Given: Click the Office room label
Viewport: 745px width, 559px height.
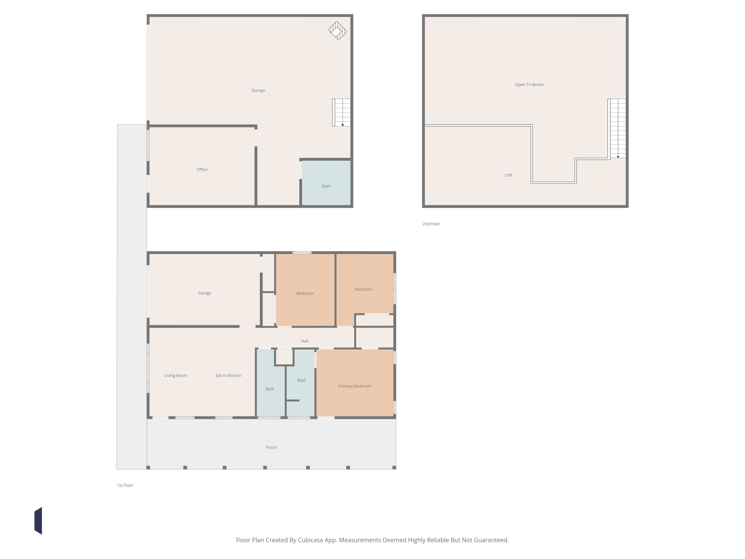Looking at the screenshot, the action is (202, 170).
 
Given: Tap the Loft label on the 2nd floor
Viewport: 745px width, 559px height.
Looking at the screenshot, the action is (508, 175).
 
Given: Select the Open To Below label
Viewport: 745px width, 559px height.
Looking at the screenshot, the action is (529, 85).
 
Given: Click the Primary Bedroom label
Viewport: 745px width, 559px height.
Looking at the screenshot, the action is (355, 386).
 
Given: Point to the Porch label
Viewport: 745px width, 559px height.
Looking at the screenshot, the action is (271, 447).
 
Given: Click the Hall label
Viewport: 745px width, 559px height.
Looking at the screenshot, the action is (305, 341).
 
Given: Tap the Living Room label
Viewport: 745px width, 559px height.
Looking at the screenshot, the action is (176, 376).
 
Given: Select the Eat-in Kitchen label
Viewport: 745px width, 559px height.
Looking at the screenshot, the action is (228, 376).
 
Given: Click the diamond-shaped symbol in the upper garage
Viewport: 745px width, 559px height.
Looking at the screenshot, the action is (338, 31).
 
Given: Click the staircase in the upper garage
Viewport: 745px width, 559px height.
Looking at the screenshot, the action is (342, 112).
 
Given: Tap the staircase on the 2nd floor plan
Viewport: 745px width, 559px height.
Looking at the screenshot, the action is (617, 128).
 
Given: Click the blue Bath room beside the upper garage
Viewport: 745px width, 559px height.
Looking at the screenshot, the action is (326, 183).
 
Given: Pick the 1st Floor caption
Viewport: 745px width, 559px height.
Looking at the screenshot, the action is (125, 485).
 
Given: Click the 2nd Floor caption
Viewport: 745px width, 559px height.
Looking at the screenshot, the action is (431, 224).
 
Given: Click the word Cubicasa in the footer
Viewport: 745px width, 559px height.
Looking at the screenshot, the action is (310, 540).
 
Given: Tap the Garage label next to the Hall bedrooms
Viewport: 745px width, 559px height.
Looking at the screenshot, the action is (204, 293).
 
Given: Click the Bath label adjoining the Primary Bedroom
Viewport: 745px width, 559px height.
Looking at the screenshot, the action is (301, 380).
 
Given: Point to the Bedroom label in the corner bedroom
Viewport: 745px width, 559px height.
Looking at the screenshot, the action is (363, 289).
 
